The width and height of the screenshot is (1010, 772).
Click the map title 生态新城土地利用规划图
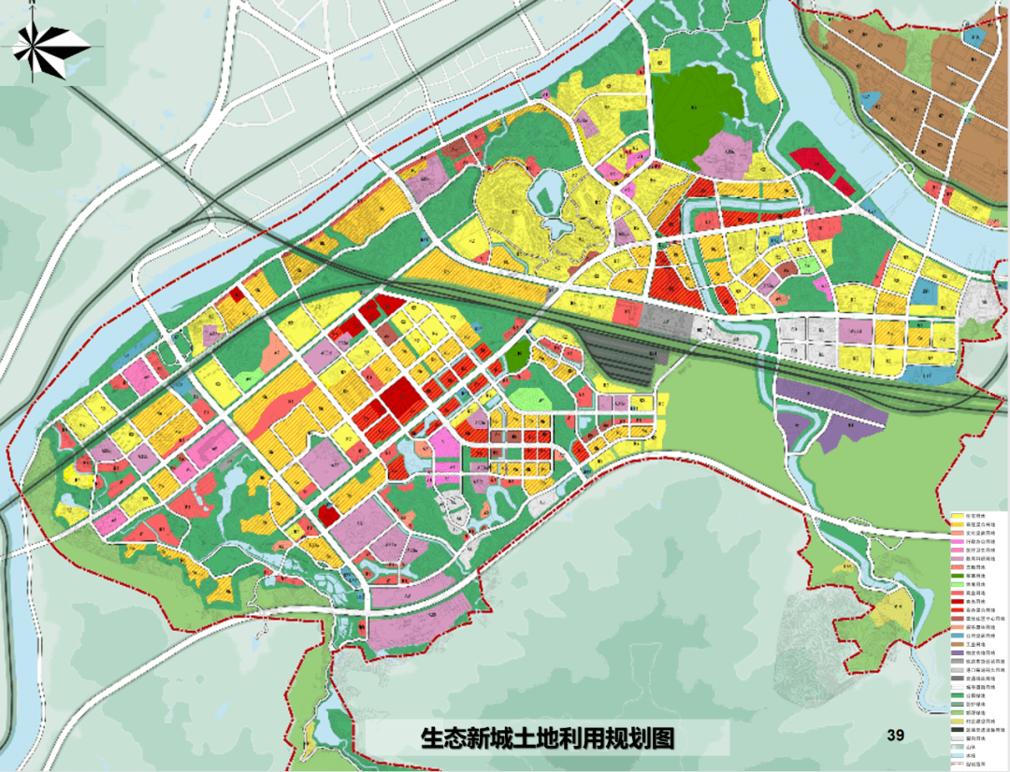coord(547,737)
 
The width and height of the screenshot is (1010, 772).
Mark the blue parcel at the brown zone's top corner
coord(974,39)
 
